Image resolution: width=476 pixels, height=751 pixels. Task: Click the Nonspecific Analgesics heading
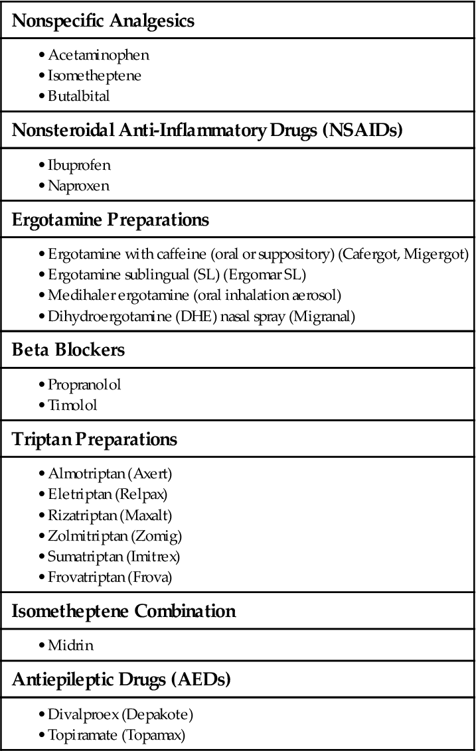click(103, 21)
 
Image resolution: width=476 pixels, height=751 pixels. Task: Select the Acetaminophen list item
click(98, 54)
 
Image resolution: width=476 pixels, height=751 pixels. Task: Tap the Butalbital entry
click(78, 96)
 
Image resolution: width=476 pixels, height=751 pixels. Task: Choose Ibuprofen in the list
click(79, 165)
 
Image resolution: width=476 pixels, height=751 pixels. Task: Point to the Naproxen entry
click(78, 185)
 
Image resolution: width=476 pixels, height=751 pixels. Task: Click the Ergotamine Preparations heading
click(110, 220)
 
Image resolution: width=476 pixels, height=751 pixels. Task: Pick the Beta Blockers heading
click(68, 350)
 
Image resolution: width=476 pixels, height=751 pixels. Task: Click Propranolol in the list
click(84, 384)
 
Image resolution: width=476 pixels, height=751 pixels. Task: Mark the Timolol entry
click(72, 405)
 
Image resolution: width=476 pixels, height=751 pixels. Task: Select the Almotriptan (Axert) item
click(110, 474)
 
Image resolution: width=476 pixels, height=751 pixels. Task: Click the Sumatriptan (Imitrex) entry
click(114, 556)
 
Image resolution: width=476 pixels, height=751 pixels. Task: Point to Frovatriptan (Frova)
click(110, 577)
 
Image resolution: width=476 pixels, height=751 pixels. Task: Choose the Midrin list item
click(70, 645)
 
